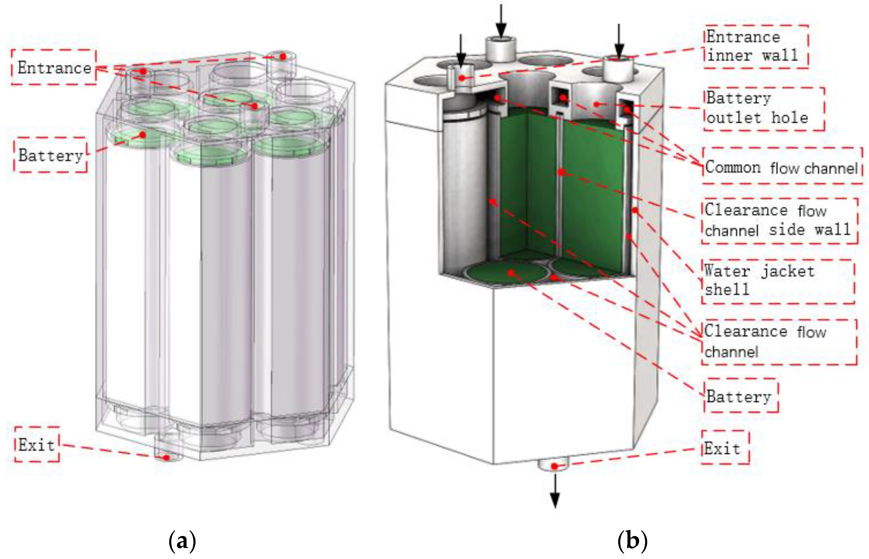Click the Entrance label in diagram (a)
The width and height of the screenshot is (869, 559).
click(54, 68)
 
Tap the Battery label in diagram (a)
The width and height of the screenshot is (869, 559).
click(51, 155)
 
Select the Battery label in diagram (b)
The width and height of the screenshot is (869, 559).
click(738, 396)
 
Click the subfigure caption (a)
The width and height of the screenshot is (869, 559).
click(183, 541)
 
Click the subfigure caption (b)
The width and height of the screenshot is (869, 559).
click(632, 541)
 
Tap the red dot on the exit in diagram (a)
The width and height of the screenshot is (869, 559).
click(166, 458)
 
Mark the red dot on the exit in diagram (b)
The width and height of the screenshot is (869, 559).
click(554, 466)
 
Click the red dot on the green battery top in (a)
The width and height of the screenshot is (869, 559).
click(143, 135)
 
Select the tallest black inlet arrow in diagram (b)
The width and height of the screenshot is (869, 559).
click(501, 20)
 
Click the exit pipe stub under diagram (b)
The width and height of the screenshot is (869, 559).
click(553, 464)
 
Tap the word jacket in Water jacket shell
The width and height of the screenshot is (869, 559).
click(787, 271)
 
